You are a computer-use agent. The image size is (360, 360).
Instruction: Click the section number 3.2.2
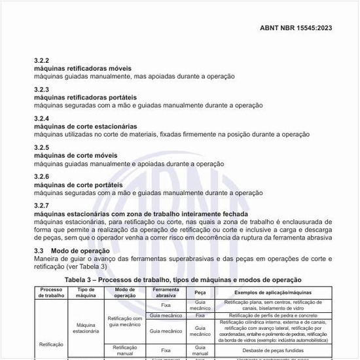42,61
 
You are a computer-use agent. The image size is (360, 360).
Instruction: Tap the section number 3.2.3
42,89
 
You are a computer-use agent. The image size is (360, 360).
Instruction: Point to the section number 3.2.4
42,118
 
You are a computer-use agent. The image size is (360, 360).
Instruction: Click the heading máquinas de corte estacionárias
85,126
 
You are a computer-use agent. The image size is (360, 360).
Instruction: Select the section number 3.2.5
42,147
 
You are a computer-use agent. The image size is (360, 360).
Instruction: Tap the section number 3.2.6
42,177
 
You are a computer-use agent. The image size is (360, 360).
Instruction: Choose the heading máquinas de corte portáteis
78,185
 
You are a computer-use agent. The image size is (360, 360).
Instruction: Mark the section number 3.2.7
42,206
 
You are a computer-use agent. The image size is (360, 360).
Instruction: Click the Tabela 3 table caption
183,279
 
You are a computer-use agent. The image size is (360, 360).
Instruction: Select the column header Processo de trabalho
51,292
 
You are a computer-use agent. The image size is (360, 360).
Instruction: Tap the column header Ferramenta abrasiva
166,292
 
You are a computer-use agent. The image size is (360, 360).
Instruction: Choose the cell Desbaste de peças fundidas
273,351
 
